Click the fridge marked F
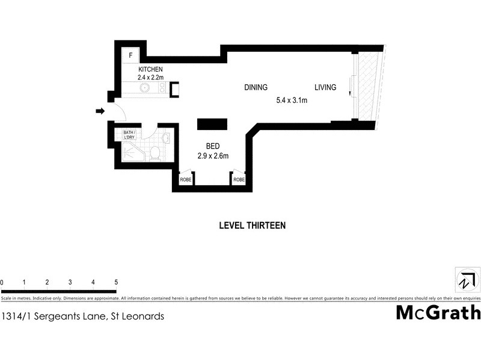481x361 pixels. (130, 56)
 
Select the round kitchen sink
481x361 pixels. (145, 88)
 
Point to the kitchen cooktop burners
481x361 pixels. (161, 88)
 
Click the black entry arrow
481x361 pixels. (100, 111)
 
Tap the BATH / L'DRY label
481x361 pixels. (129, 135)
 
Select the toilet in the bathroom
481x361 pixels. (155, 152)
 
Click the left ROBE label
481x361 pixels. (185, 180)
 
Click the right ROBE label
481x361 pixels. (239, 180)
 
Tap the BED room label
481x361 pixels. (213, 146)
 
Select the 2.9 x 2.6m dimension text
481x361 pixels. (213, 156)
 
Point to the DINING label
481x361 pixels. (256, 88)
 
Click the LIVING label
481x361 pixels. (325, 88)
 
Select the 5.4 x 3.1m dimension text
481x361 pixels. (291, 100)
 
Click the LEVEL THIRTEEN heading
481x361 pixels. (251, 226)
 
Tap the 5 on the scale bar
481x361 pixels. (116, 282)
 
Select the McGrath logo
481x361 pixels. (438, 312)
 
